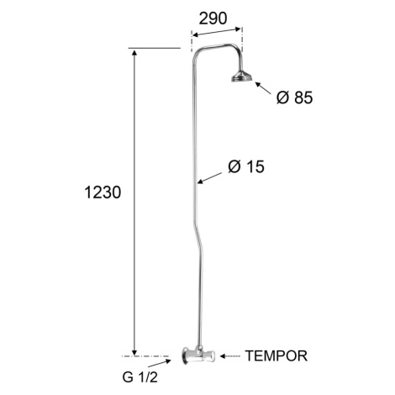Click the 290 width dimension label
point(213,18)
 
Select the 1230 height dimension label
point(103,192)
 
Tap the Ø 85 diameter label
point(294,97)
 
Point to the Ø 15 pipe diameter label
point(246,166)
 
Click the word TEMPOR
point(276,355)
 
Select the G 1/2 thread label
point(140,377)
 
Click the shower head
point(242,76)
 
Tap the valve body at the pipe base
point(199,356)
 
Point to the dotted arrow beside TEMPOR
point(230,356)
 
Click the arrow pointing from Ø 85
point(263,88)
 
